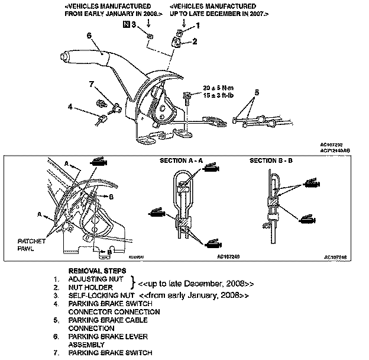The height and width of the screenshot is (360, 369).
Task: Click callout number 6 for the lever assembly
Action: click(x=89, y=36)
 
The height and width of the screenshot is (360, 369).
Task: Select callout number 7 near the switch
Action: click(x=92, y=85)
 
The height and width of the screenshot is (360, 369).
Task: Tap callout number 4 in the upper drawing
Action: click(x=70, y=107)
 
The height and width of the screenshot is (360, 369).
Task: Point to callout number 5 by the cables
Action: click(x=257, y=92)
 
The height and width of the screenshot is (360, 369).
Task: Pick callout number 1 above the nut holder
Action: click(x=198, y=25)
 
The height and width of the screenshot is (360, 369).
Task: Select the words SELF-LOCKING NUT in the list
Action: click(x=100, y=294)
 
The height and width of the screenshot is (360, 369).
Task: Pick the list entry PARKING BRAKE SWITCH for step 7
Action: click(x=106, y=353)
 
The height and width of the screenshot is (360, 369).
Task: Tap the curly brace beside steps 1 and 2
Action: click(x=134, y=282)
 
